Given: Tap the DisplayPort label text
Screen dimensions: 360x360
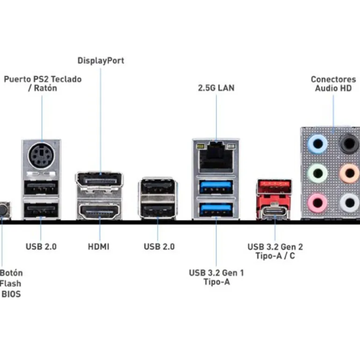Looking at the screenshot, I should [x=101, y=60].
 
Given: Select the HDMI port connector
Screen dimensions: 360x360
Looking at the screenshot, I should [x=100, y=211].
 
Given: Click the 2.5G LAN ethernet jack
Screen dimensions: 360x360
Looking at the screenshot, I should [x=216, y=155].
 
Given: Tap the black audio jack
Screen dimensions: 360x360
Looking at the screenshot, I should [x=348, y=144].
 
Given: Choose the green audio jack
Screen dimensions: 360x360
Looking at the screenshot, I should [x=317, y=173].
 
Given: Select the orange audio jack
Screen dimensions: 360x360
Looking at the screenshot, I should [x=348, y=173].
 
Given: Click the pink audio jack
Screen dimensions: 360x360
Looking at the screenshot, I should [x=317, y=202].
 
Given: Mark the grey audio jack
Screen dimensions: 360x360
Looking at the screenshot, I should [x=348, y=202].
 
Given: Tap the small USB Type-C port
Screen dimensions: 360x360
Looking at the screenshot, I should [x=275, y=211].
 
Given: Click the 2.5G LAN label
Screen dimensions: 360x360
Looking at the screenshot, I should [x=216, y=87].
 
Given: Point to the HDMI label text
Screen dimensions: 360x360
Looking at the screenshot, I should [x=99, y=246].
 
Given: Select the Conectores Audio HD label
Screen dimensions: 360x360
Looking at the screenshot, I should [x=333, y=84].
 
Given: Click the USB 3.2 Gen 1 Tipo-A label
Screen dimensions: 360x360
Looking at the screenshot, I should [x=216, y=277].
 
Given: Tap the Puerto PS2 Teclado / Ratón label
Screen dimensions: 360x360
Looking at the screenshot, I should [x=43, y=83].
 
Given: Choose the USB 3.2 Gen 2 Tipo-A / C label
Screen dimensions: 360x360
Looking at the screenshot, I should [x=275, y=251].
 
